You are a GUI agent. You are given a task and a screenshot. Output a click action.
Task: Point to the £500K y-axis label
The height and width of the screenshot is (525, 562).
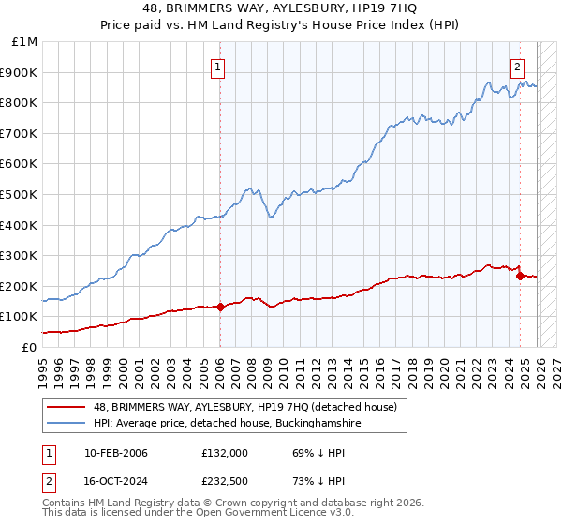tap(21, 195)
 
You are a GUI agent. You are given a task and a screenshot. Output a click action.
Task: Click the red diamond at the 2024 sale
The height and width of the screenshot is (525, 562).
tap(520, 276)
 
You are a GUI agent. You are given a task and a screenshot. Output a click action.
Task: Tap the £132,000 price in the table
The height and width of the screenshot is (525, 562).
tap(225, 453)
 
